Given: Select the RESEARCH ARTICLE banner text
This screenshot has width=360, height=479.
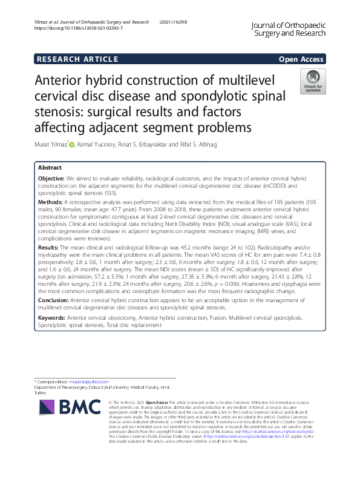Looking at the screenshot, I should click(x=77, y=59).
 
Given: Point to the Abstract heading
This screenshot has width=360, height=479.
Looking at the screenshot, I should click(x=50, y=167).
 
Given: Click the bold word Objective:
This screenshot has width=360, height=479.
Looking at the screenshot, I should click(x=51, y=179).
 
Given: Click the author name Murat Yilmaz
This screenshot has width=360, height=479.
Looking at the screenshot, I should click(x=52, y=145).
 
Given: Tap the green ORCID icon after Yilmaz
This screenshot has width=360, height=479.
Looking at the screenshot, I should click(x=72, y=144).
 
